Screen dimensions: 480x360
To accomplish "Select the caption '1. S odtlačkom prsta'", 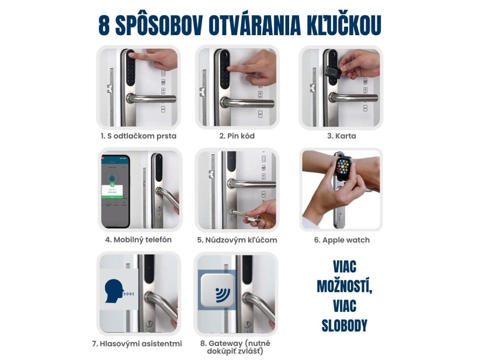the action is (x=139, y=136).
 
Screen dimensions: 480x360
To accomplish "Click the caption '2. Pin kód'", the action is (x=237, y=136).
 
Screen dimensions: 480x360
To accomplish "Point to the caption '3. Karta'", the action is (x=341, y=136).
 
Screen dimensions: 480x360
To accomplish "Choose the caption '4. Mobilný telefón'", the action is (x=138, y=240).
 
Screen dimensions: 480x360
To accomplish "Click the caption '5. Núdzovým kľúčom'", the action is (x=237, y=240).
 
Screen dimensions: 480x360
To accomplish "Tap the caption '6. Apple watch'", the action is (x=342, y=240).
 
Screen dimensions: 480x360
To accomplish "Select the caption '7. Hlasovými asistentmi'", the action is (x=137, y=344).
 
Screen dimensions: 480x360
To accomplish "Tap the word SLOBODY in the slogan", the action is (x=345, y=326).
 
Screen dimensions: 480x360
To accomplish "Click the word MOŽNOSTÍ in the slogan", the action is (x=345, y=286).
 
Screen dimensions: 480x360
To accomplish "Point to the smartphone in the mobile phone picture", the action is (x=116, y=191).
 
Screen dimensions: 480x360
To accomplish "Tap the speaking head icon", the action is (x=115, y=291).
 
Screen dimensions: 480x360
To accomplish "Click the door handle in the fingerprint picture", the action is (x=151, y=98).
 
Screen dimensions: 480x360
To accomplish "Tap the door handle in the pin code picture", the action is (x=247, y=103).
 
